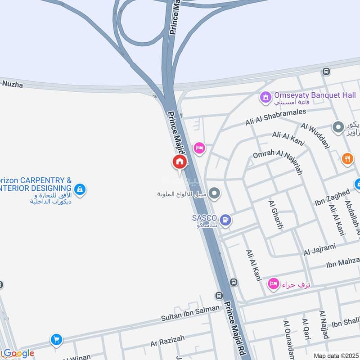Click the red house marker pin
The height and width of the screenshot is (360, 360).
(179, 162)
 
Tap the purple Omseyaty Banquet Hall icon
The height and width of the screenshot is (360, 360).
(265, 96)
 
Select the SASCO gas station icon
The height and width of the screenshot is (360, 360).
(227, 220)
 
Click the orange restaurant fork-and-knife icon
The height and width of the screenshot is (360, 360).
(347, 158)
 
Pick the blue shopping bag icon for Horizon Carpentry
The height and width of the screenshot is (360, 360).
(80, 189)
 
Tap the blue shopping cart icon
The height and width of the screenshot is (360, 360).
(56, 339)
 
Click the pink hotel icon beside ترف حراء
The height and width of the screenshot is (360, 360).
(273, 284)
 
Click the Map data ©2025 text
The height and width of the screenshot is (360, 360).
(336, 355)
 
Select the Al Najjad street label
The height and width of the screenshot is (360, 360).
(324, 324)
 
